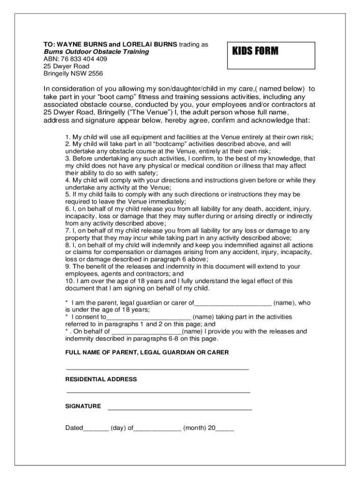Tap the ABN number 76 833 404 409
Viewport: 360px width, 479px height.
point(75,59)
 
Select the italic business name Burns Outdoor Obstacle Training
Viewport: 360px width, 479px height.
point(96,51)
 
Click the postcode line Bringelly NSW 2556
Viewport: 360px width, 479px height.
point(73,73)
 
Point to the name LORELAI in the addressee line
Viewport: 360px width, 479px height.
point(136,44)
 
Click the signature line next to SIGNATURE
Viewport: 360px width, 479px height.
point(180,409)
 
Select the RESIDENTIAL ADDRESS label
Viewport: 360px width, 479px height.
point(101,379)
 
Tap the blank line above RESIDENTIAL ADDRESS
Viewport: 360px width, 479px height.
point(157,369)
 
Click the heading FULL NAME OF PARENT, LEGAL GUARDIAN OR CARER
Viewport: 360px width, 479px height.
point(147,352)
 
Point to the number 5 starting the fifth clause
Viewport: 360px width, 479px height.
point(67,194)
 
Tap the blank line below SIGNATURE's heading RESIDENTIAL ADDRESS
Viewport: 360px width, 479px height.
point(158,392)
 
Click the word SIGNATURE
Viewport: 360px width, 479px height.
point(83,406)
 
